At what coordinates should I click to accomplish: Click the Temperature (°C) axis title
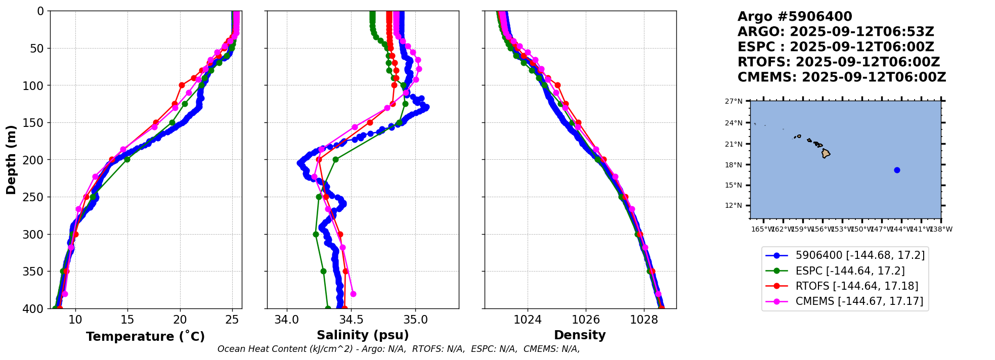(145, 337)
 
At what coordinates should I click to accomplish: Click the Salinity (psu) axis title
(363, 335)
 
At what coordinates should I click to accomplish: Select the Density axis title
(580, 335)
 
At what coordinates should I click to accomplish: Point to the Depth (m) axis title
(11, 160)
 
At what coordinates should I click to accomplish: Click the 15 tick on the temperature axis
(127, 320)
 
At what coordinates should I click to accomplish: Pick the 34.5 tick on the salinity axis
(351, 320)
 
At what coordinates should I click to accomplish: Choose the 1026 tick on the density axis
(586, 320)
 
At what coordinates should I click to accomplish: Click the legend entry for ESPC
(850, 271)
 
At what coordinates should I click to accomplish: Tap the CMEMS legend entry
(859, 301)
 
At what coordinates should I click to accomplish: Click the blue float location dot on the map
(897, 170)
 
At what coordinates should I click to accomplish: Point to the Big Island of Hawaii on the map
(826, 153)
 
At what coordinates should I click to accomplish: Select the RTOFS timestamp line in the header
(838, 62)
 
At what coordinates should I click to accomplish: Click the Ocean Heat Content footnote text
(398, 349)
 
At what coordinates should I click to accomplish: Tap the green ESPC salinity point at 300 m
(316, 234)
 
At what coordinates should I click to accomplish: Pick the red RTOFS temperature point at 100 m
(182, 85)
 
